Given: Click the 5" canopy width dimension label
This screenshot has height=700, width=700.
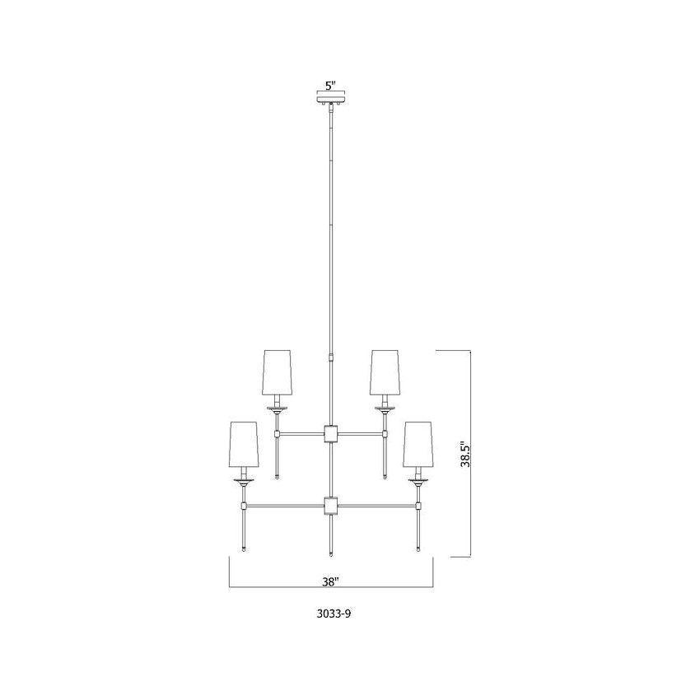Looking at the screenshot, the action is (x=330, y=86).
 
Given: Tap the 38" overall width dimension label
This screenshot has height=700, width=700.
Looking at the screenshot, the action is (x=331, y=581).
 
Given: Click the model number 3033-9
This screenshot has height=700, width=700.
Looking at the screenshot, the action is (x=334, y=614).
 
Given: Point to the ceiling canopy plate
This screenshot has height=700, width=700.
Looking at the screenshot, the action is (x=331, y=98).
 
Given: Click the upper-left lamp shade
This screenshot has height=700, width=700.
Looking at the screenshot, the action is (x=278, y=372).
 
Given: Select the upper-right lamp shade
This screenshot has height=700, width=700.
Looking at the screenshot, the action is (x=385, y=372).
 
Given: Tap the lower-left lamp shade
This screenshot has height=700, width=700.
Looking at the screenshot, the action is (x=244, y=444).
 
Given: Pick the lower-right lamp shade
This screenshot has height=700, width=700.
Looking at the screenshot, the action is (x=418, y=444).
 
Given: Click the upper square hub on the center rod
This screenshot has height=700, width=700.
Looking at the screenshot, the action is (x=331, y=433).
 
